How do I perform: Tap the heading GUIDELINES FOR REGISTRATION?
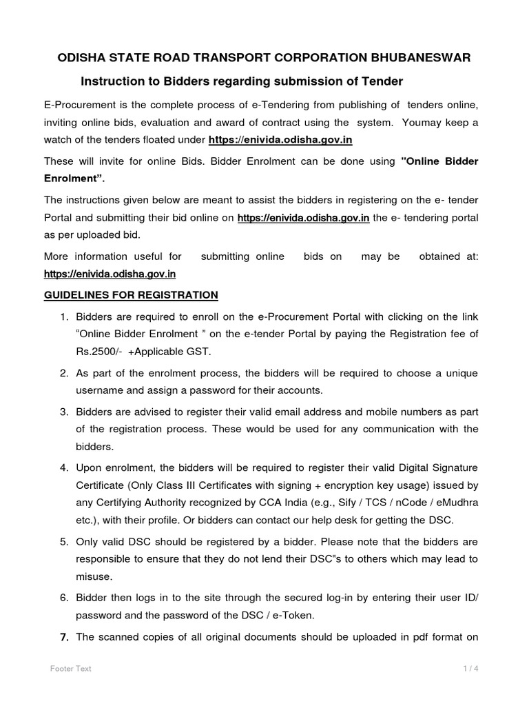[131, 295]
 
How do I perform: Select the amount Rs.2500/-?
[98, 351]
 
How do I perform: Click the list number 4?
[63, 467]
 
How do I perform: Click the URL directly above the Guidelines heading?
[110, 274]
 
